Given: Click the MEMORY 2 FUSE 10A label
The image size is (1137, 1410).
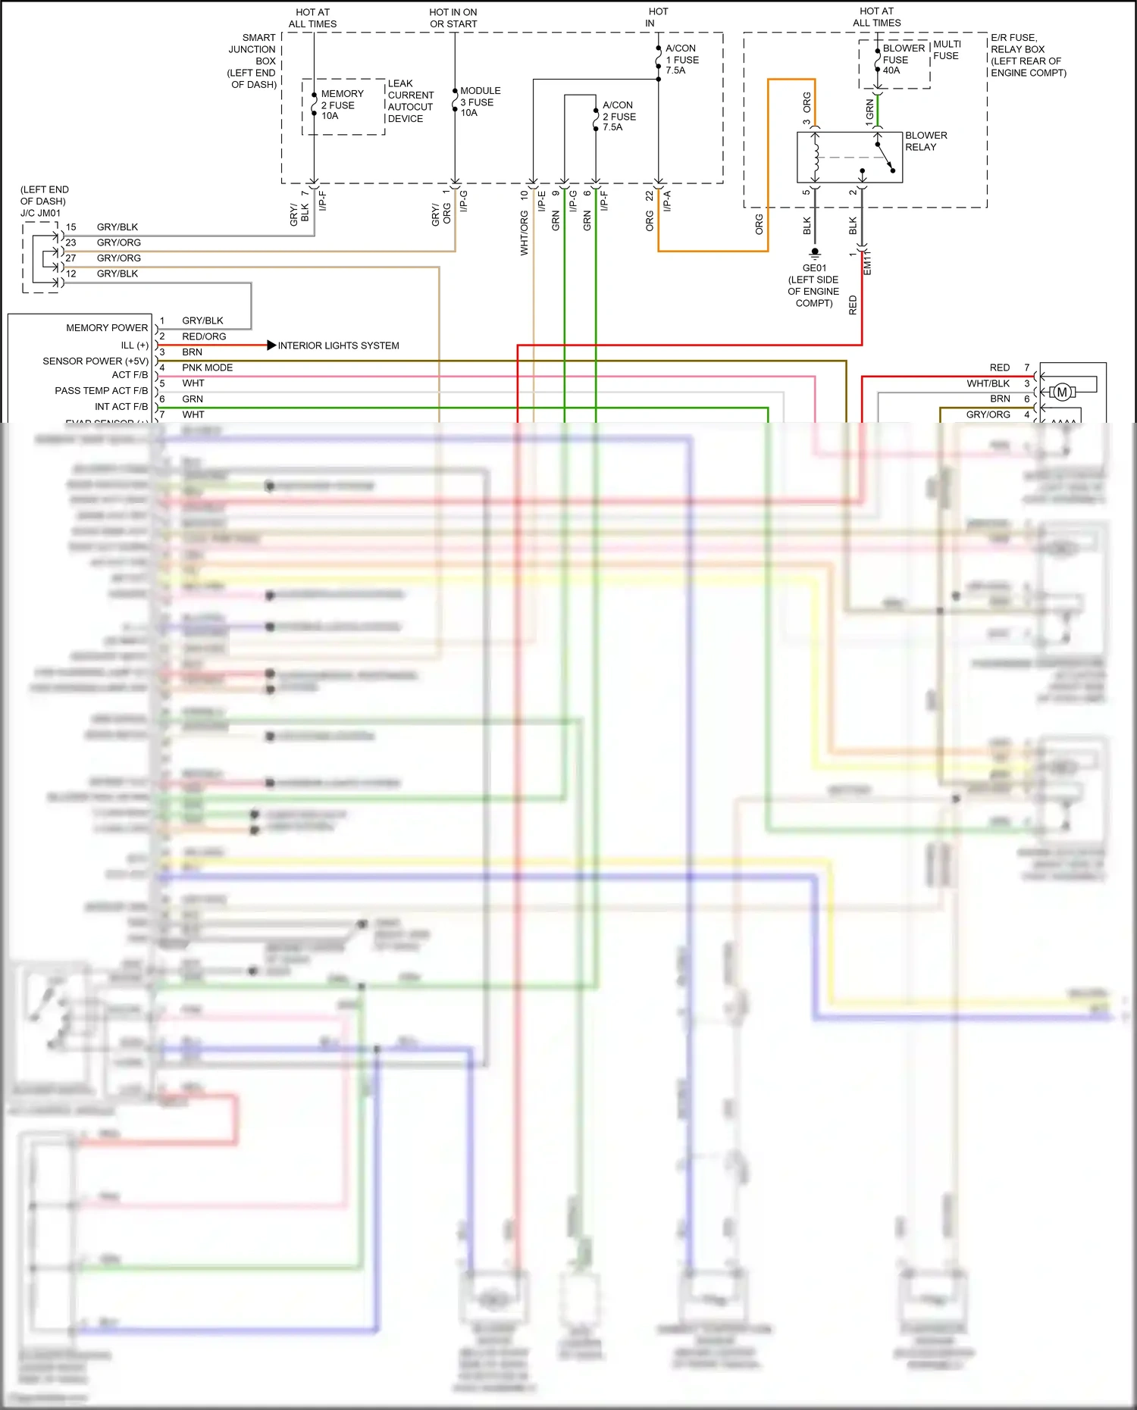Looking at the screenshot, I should click(x=341, y=105).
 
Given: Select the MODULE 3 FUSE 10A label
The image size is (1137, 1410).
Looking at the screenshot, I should click(x=479, y=102).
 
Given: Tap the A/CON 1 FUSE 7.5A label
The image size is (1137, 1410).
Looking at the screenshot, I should click(x=681, y=59).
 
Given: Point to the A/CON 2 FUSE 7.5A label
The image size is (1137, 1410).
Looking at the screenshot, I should click(x=619, y=116).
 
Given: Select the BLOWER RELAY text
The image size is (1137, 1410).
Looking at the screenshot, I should click(x=925, y=141).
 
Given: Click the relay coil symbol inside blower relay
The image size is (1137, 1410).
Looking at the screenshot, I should click(x=816, y=158).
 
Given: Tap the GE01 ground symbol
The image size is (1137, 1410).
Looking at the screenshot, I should click(x=815, y=252).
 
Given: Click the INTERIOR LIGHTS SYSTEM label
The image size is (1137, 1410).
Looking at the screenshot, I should click(x=338, y=345).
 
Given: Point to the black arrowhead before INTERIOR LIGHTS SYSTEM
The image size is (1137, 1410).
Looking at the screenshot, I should click(x=271, y=345).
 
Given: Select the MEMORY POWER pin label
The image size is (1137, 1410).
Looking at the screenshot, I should click(x=107, y=328).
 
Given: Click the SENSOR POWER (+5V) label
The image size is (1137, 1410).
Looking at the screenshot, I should click(x=96, y=361).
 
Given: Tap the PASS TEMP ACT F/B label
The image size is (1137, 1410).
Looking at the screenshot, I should click(x=101, y=391).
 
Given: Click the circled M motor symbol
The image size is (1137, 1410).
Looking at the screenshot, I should click(x=1062, y=392).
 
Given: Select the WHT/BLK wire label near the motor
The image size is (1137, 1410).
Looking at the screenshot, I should click(x=988, y=383).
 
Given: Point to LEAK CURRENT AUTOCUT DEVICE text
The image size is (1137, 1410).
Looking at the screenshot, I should click(x=410, y=101).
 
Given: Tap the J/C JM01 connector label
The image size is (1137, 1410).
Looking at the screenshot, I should click(x=40, y=213).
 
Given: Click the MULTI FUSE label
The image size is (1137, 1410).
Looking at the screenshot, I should click(x=946, y=50).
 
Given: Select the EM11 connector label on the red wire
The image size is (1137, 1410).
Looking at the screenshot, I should click(x=867, y=262).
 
